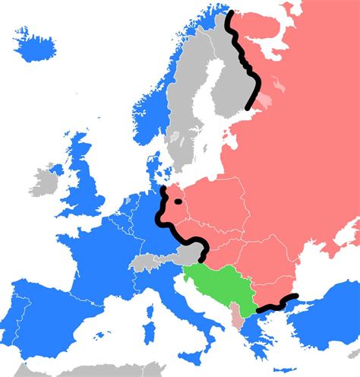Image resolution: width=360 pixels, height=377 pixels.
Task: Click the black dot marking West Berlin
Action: click(x=178, y=202)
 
